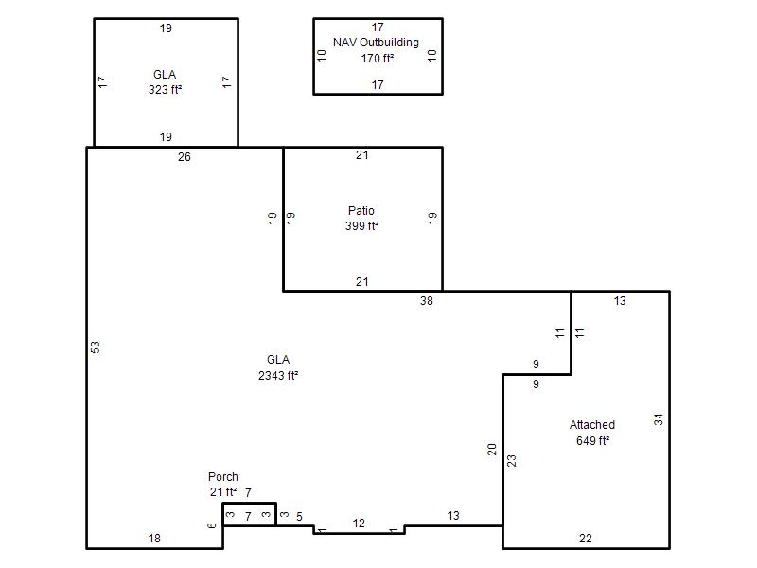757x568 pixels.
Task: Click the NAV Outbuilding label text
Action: pos(376,43)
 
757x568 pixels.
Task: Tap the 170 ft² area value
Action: pos(378,59)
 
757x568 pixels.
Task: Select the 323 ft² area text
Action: pos(165,90)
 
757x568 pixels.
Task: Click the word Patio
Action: pos(361,210)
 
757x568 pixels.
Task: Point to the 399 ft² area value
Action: pos(362,226)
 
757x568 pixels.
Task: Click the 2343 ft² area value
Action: pos(278,375)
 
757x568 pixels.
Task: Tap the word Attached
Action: pos(592,425)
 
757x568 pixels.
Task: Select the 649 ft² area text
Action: pos(593,441)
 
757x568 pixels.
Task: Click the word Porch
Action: pos(223,477)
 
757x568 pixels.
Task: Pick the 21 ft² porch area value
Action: pos(223,492)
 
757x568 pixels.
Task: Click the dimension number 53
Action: pos(96,347)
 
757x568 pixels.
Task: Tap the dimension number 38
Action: pos(427,301)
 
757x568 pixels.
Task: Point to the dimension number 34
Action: pos(659,419)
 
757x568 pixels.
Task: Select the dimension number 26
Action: pos(185,157)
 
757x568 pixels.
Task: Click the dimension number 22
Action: pos(586,539)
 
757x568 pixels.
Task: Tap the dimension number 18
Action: pos(154,539)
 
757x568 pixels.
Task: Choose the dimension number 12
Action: pos(359,524)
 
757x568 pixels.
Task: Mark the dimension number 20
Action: pos(491,450)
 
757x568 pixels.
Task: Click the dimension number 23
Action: pos(512,461)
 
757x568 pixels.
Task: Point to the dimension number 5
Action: pos(299,517)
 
